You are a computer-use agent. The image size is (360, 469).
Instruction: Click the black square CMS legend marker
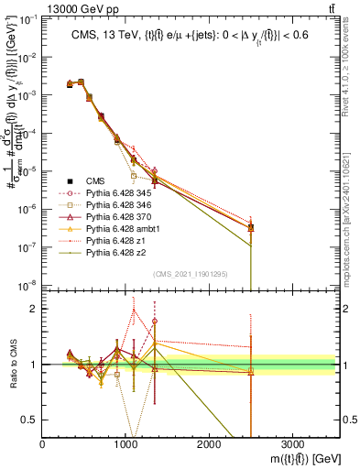pyautogui.click(x=70, y=180)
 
